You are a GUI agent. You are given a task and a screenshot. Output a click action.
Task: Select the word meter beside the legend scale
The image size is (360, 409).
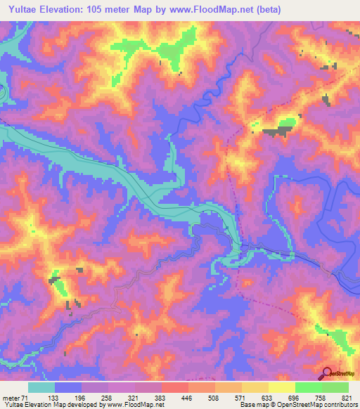click(12, 397)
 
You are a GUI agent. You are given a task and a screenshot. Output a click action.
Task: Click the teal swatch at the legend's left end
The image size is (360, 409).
click(41, 387)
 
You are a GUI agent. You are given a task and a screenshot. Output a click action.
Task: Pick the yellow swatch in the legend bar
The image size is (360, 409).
click(281, 387)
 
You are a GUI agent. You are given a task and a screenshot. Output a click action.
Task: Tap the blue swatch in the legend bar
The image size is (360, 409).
click(68, 387)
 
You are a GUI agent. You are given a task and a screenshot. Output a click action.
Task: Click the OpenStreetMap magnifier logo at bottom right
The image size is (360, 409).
click(328, 373)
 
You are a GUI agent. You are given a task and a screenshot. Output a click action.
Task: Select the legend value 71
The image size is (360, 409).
click(28, 397)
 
